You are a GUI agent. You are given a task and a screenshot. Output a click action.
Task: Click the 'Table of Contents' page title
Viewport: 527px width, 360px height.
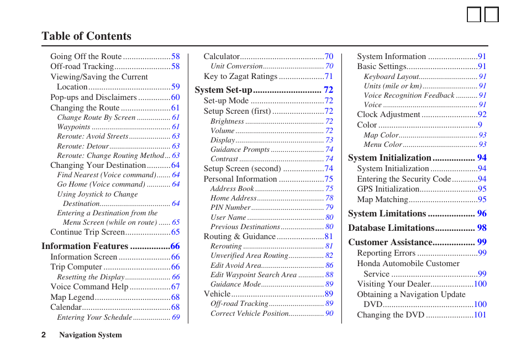coord(86,36)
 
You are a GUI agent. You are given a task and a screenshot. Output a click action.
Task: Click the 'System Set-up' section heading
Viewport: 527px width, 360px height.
coord(223,90)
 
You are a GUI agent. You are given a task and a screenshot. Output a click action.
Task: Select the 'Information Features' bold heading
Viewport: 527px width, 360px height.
coord(85,246)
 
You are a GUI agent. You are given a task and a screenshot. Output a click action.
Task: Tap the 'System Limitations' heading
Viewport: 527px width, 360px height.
coord(387,214)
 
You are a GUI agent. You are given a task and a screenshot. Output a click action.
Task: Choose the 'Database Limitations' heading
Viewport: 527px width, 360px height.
coord(391,228)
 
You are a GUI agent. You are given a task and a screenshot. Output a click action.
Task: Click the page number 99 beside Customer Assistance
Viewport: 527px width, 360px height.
coord(482,242)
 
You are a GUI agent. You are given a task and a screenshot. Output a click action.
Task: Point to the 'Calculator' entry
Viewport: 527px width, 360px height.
coord(222,56)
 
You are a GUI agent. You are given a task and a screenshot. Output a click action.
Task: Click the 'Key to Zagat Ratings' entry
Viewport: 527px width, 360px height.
coord(240,77)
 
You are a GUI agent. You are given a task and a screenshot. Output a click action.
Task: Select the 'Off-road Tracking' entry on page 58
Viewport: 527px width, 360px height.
coord(82,66)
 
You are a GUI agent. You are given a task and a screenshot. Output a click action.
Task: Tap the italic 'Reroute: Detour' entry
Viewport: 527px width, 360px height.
coord(83,146)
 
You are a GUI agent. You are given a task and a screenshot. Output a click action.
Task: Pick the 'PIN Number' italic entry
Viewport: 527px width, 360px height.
coord(230,208)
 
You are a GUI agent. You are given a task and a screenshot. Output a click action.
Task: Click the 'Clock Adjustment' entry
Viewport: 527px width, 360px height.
coord(388,115)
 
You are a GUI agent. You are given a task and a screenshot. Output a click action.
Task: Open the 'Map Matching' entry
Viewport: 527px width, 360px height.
coord(382,200)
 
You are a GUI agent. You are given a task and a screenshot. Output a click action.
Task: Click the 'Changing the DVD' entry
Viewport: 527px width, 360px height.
coord(391,315)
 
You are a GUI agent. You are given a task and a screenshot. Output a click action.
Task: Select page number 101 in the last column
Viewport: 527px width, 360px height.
coord(480,315)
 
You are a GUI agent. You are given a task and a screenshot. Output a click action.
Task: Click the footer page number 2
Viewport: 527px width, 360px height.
coord(44,335)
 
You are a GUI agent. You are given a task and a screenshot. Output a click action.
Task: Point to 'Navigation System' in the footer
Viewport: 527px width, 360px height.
coord(91,335)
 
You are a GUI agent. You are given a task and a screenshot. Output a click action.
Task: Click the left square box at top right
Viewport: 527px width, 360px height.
coord(473,14)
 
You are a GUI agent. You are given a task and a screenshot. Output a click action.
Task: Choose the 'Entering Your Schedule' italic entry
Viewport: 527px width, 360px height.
coord(94,317)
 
